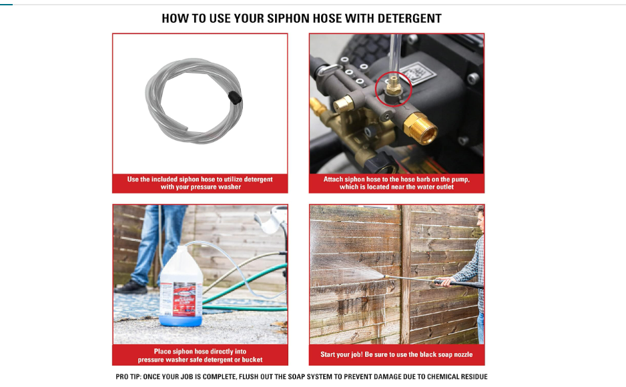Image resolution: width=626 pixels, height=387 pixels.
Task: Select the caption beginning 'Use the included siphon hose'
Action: coord(200,183)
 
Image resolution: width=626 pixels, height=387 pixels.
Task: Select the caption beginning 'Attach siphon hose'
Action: coord(396,183)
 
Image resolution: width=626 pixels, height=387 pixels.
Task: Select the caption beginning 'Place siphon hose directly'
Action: coord(200,355)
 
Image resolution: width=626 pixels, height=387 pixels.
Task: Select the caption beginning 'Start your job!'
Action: coord(396,355)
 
